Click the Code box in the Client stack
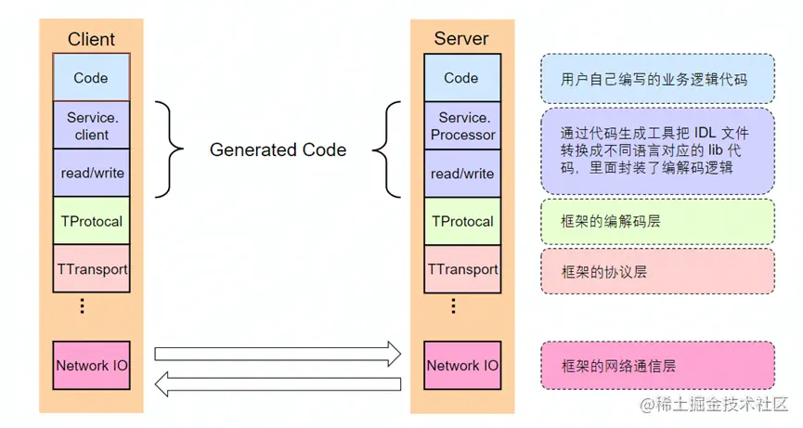pos(91,78)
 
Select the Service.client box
pos(91,126)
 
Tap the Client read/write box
pos(91,173)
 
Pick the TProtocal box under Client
pos(91,221)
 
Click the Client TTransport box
pos(91,269)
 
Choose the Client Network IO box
pos(91,365)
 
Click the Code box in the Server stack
pos(461,78)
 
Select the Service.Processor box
pos(461,126)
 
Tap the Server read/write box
pos(461,173)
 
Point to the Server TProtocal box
pos(461,221)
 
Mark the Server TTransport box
pos(461,269)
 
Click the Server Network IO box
pos(461,365)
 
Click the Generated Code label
pos(278,149)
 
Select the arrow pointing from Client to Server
pos(277,353)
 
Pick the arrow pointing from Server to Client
pos(277,383)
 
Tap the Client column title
pos(91,39)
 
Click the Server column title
pos(461,39)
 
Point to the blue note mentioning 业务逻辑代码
pos(657,79)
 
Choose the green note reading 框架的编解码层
pos(657,222)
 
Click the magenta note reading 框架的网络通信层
pos(657,366)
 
